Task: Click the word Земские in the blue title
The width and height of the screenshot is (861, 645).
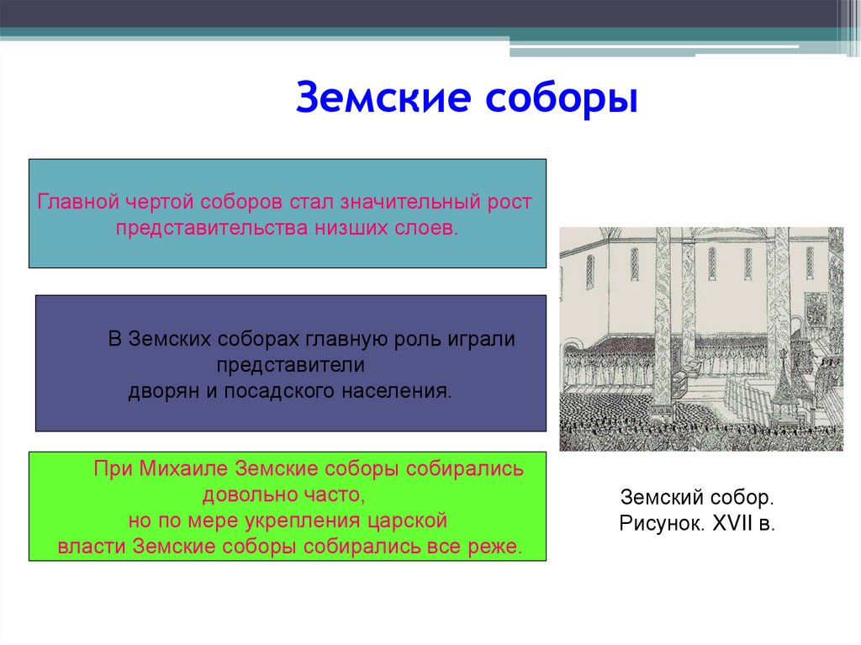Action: tap(383, 98)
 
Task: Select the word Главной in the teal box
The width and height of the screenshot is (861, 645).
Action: tap(78, 202)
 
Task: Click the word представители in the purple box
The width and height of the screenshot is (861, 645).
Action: tap(290, 366)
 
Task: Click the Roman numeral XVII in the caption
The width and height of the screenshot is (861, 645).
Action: tap(732, 523)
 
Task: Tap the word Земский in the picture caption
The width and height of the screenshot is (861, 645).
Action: tap(663, 497)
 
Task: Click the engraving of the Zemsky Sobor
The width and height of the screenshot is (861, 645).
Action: tap(701, 339)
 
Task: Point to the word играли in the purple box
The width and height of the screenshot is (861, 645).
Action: tap(482, 340)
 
